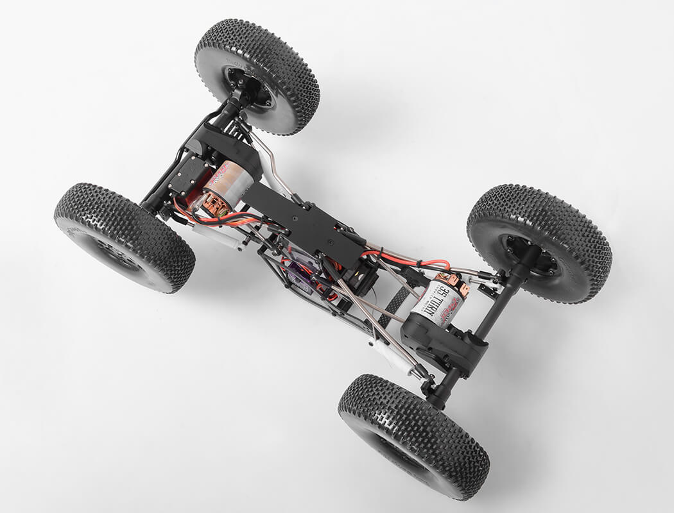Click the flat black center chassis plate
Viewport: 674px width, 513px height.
pyautogui.click(x=302, y=221)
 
